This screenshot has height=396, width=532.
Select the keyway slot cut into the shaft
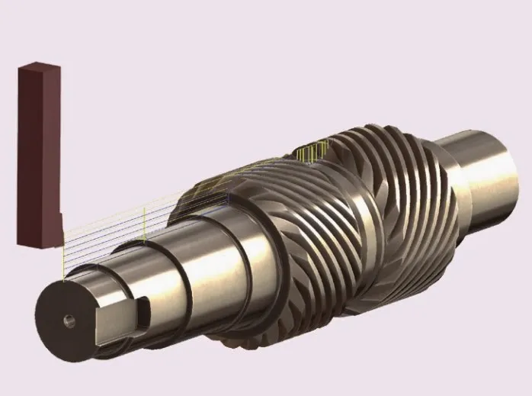141,308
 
